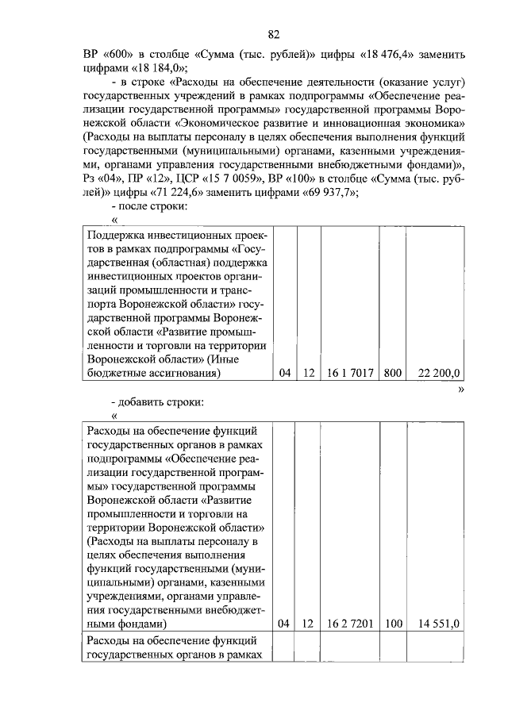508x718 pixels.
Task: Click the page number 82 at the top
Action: (274, 34)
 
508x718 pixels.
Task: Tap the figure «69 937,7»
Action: (328, 192)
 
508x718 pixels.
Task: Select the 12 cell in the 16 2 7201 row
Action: (309, 624)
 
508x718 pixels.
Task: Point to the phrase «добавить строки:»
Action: (164, 401)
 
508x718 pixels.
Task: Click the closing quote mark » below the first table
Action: (461, 389)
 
